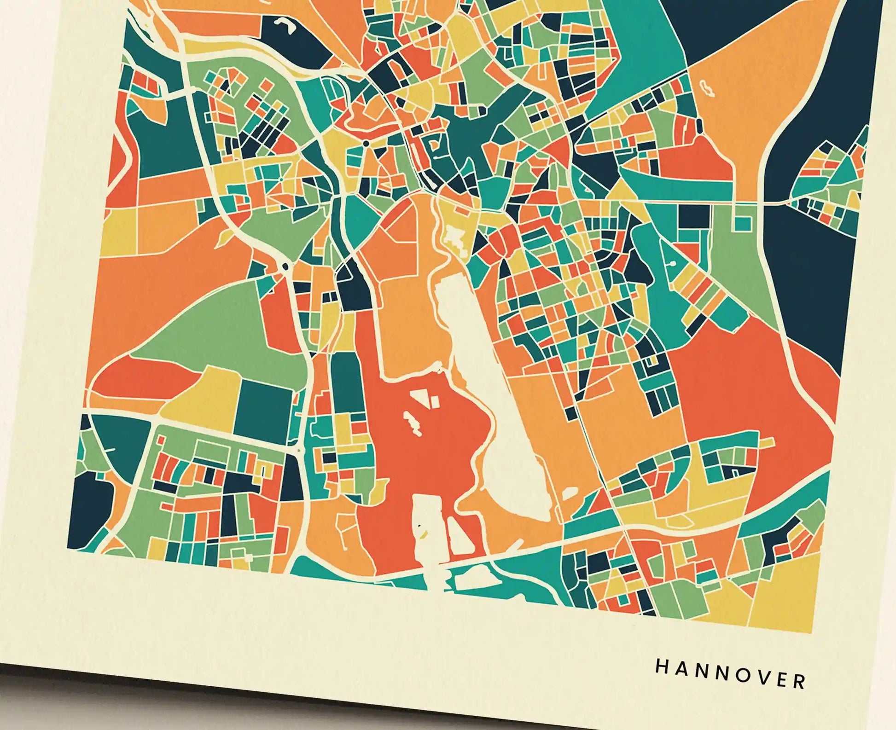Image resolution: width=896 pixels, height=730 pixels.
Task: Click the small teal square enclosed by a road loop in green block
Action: point(742,224)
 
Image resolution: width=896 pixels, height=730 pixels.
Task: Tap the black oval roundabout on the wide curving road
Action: point(285,266)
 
